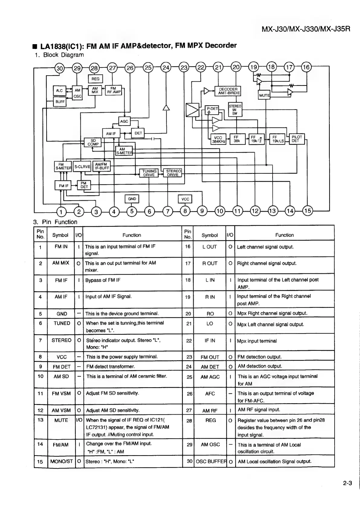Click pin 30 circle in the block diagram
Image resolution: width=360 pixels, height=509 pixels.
tap(60, 68)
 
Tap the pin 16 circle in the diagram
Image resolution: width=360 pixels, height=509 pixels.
tap(306, 67)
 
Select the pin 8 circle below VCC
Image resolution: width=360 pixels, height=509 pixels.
tap(185, 211)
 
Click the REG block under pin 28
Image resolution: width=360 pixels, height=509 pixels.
tap(95, 79)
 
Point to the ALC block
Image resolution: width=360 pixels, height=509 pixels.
tap(59, 90)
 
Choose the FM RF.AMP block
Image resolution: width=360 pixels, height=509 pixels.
tap(113, 90)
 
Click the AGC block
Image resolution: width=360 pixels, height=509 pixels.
tap(124, 121)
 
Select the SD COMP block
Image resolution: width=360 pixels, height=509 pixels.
tap(93, 142)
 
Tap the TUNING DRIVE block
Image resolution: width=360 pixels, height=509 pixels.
tap(149, 173)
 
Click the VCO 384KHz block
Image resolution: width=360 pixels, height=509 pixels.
tap(218, 139)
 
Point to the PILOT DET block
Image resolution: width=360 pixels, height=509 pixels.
tap(297, 139)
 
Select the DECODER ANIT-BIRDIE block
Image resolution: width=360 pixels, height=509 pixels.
tap(228, 91)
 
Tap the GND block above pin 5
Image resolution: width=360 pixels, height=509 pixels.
tap(132, 199)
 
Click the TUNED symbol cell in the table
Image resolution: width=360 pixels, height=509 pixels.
tap(62, 323)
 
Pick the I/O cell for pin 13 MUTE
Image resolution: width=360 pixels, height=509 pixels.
tap(79, 420)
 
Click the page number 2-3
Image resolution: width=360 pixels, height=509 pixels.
tap(348, 483)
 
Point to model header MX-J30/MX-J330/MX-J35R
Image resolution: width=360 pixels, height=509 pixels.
tap(306, 29)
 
